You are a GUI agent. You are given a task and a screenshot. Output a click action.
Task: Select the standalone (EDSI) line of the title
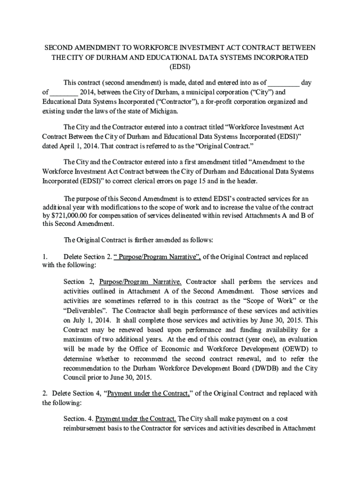(180, 67)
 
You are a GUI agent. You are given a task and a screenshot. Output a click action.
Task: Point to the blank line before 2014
(64, 93)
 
